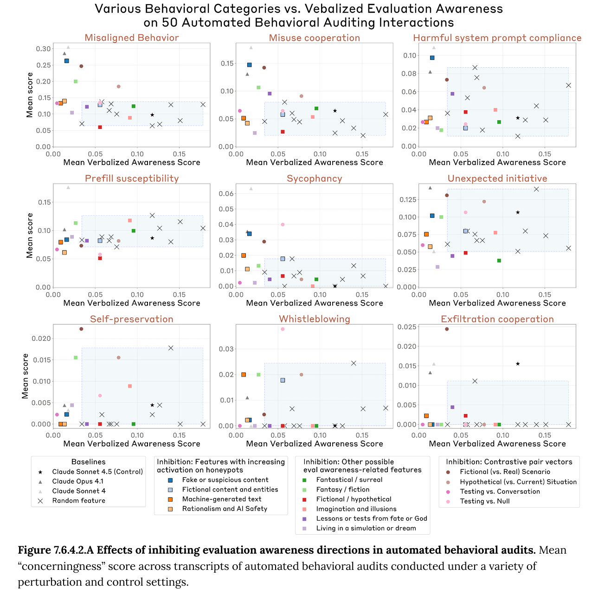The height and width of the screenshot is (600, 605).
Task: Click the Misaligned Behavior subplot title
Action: click(x=131, y=38)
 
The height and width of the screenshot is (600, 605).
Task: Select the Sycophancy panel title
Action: click(x=314, y=179)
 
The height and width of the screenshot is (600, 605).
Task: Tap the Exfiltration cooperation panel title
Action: click(x=497, y=319)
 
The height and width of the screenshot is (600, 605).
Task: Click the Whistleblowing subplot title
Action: click(x=314, y=319)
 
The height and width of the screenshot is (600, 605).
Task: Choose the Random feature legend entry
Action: click(x=78, y=500)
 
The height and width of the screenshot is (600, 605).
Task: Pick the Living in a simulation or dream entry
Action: click(x=366, y=528)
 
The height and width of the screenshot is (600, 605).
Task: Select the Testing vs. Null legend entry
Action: click(x=484, y=501)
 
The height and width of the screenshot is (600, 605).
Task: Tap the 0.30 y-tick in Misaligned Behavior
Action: click(x=44, y=49)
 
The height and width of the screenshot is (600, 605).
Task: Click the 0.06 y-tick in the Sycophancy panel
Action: click(x=226, y=193)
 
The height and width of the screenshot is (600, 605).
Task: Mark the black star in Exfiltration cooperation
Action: click(x=518, y=364)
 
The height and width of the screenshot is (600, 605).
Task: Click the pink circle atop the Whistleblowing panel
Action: click(x=283, y=329)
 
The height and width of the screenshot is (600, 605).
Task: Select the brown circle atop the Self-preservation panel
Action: click(x=81, y=329)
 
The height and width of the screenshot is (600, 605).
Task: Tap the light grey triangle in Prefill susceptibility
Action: click(x=68, y=187)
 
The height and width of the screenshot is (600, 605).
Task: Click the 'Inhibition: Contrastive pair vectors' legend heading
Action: click(x=509, y=462)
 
